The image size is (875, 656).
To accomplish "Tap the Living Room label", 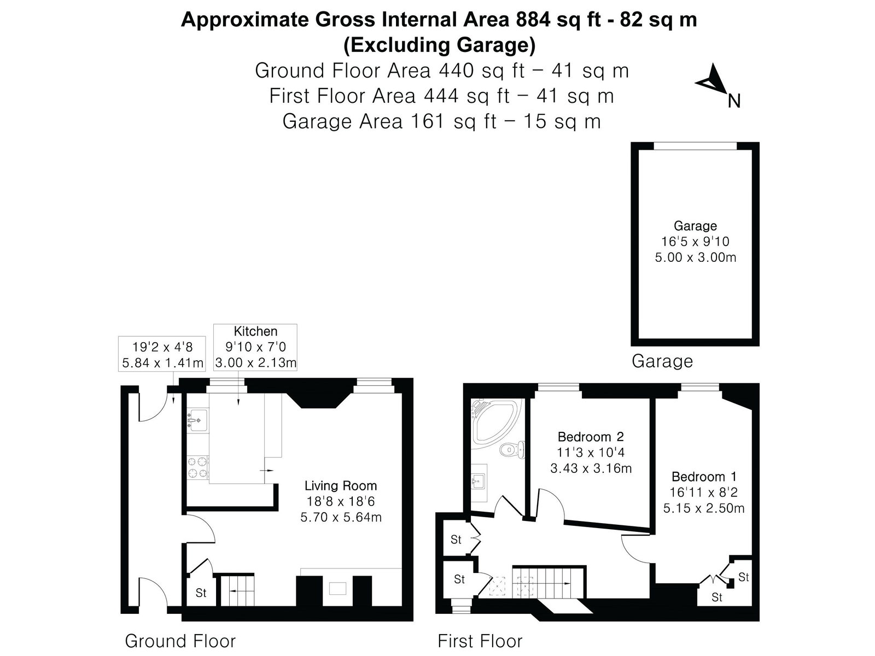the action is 341,485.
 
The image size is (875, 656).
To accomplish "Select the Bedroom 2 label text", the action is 591,437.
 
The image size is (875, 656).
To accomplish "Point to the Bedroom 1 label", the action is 704,477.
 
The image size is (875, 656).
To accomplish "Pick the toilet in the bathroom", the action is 512,450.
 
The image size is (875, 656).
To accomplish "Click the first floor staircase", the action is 549,583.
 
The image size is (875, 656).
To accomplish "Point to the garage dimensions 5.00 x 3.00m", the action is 695,257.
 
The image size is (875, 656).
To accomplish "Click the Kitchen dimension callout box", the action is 255,347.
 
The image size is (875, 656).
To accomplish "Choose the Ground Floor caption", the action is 180,641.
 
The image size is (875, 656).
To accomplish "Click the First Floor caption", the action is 480,641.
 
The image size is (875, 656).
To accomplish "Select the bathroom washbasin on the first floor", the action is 479,482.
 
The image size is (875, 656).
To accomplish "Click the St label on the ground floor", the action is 201,593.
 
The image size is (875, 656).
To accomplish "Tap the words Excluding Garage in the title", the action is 439,45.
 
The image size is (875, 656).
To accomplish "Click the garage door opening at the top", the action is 695,146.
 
